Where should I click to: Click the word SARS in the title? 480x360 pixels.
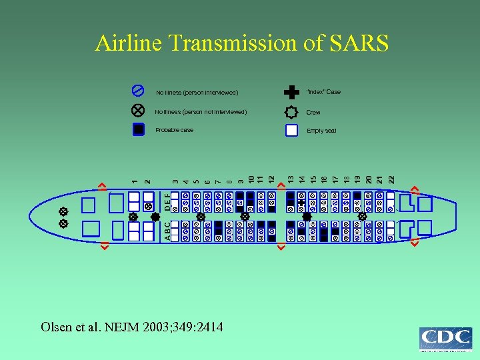pos(359,43)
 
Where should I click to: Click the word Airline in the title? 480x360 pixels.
pos(129,43)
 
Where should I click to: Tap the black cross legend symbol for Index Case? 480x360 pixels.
pos(291,92)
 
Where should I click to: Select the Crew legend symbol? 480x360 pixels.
pos(291,112)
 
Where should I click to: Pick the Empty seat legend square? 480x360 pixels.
pos(291,130)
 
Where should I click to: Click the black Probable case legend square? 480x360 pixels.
pos(138,129)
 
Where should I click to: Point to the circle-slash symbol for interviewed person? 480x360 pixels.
pos(138,90)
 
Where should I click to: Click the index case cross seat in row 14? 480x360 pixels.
pos(302,202)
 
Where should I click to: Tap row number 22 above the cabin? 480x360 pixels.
pos(391,179)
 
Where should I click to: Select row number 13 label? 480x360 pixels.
pos(291,179)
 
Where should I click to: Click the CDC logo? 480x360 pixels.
pos(446,339)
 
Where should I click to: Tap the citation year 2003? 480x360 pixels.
pos(151,327)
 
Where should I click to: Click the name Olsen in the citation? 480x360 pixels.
pos(55,327)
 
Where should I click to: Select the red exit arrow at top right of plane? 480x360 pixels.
pos(414,189)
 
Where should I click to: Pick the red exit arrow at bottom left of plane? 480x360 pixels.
pos(103,247)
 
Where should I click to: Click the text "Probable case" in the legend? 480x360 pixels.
pos(174,130)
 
